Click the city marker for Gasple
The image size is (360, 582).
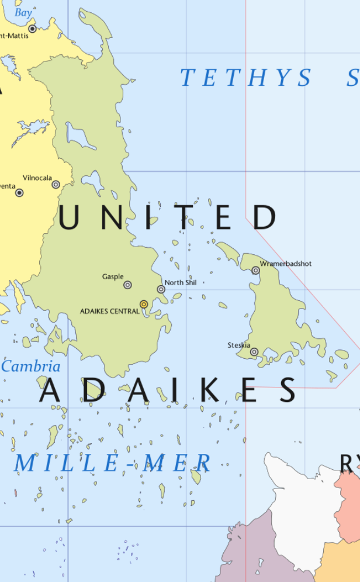[127, 285]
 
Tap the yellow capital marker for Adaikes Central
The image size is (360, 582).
[144, 304]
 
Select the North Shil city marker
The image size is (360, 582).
[161, 289]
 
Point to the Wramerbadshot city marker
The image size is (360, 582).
[255, 271]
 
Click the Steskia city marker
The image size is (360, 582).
[254, 352]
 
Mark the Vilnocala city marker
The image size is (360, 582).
[56, 184]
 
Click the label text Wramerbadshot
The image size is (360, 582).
[286, 264]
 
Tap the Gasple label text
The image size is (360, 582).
[113, 276]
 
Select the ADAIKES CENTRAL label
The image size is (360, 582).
[110, 311]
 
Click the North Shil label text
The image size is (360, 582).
[181, 283]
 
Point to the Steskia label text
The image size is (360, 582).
[239, 345]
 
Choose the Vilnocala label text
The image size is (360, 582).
[37, 178]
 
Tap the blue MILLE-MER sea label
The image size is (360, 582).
[112, 464]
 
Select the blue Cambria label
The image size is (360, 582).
[31, 367]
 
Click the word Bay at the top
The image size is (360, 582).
[23, 12]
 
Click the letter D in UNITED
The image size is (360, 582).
[265, 217]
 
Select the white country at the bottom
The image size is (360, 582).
[298, 514]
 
